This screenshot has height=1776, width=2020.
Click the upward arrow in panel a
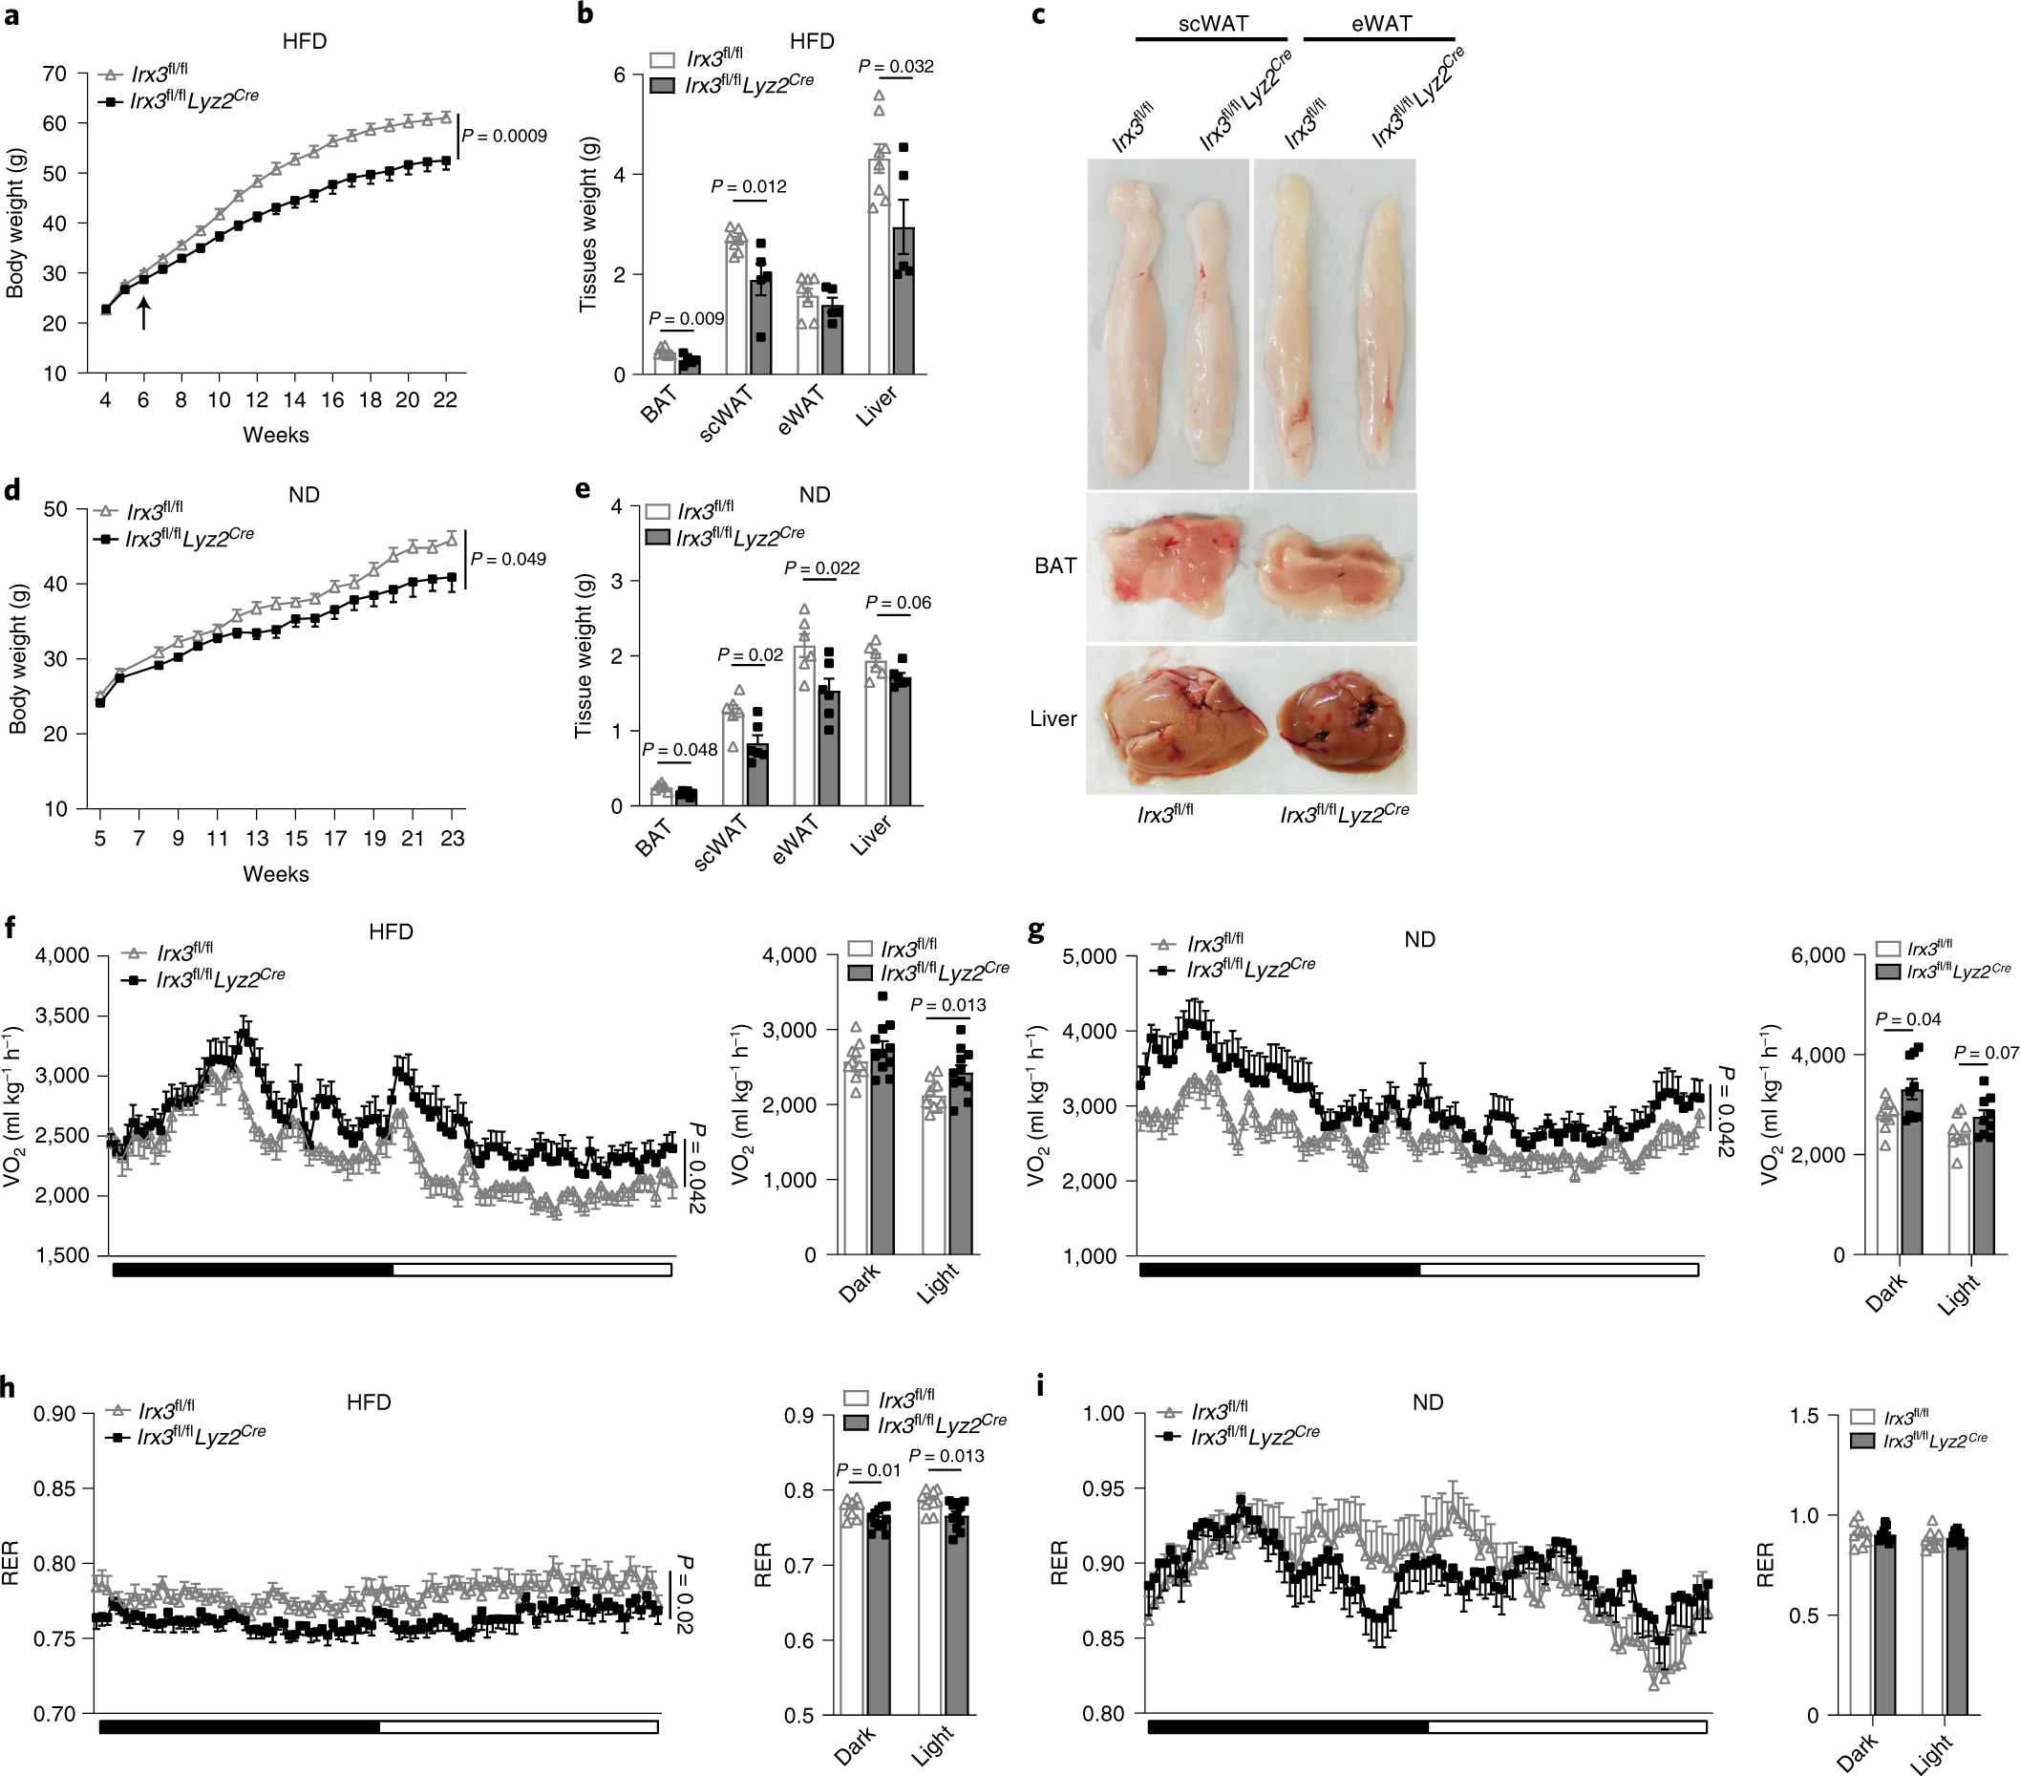(x=143, y=314)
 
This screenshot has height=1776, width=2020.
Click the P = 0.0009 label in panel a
(x=504, y=137)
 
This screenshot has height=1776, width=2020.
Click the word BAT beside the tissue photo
(x=1054, y=567)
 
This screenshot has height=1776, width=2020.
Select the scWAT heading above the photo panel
(x=1212, y=24)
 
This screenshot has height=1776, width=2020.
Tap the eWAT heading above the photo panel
(x=1381, y=24)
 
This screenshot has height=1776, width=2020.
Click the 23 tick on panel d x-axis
(x=452, y=838)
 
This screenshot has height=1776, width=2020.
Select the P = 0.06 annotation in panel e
(x=898, y=603)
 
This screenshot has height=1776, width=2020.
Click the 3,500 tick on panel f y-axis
(x=62, y=1016)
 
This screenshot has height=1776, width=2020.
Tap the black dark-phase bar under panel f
(x=252, y=1270)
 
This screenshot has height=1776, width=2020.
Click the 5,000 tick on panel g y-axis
(x=1089, y=956)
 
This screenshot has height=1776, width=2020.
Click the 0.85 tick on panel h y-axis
(x=54, y=1488)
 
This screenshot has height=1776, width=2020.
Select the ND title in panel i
(x=1427, y=1402)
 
